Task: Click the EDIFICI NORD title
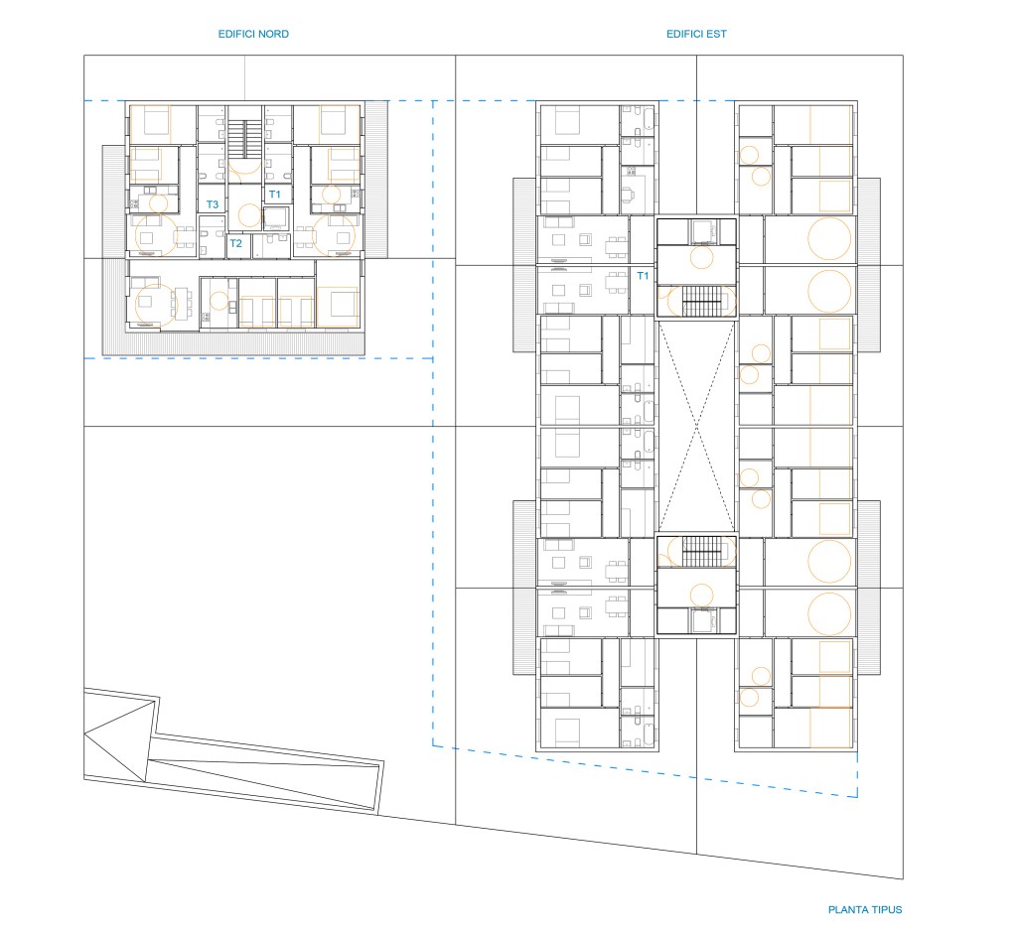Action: pos(253,34)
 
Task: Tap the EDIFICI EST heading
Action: pos(696,34)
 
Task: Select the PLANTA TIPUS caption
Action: pos(865,909)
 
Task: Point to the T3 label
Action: pos(213,204)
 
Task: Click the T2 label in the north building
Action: pos(235,243)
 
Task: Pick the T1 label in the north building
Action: pos(274,194)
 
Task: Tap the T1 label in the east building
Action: pos(643,276)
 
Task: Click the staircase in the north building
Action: pos(245,139)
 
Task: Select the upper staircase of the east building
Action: pos(701,302)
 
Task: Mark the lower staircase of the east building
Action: pos(701,551)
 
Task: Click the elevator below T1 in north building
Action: pos(276,217)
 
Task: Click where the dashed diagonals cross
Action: pos(696,427)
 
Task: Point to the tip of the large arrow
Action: pos(85,733)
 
